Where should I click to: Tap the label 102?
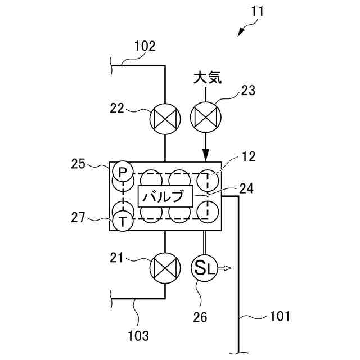coord(145,46)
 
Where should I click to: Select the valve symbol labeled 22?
coord(165,119)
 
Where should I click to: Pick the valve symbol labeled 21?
coord(165,267)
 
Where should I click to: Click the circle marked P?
coord(122,170)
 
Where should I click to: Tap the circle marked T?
coord(122,221)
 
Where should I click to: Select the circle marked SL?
coord(204,268)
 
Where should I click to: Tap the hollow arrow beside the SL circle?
coord(225,269)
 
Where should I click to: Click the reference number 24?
coord(246,188)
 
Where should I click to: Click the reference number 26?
coord(200,317)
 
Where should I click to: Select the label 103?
coord(138,336)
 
